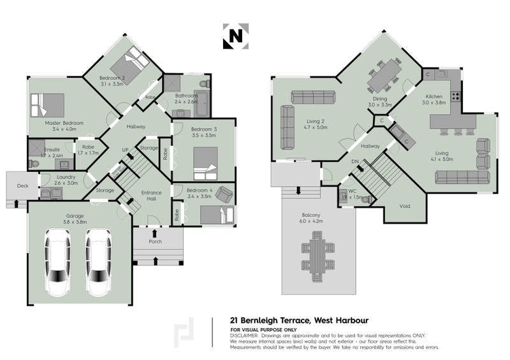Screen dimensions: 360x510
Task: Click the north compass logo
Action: click(235, 37)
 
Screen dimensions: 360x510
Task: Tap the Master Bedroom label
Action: click(64, 122)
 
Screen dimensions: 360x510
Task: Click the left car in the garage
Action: click(58, 262)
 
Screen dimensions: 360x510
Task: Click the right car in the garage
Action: click(99, 262)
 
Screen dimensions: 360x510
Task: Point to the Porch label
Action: click(155, 241)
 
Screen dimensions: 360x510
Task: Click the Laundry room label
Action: click(66, 178)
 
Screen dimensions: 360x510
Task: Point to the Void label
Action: click(404, 206)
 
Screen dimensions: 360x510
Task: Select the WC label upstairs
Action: click(352, 191)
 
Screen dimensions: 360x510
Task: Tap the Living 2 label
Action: click(316, 120)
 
